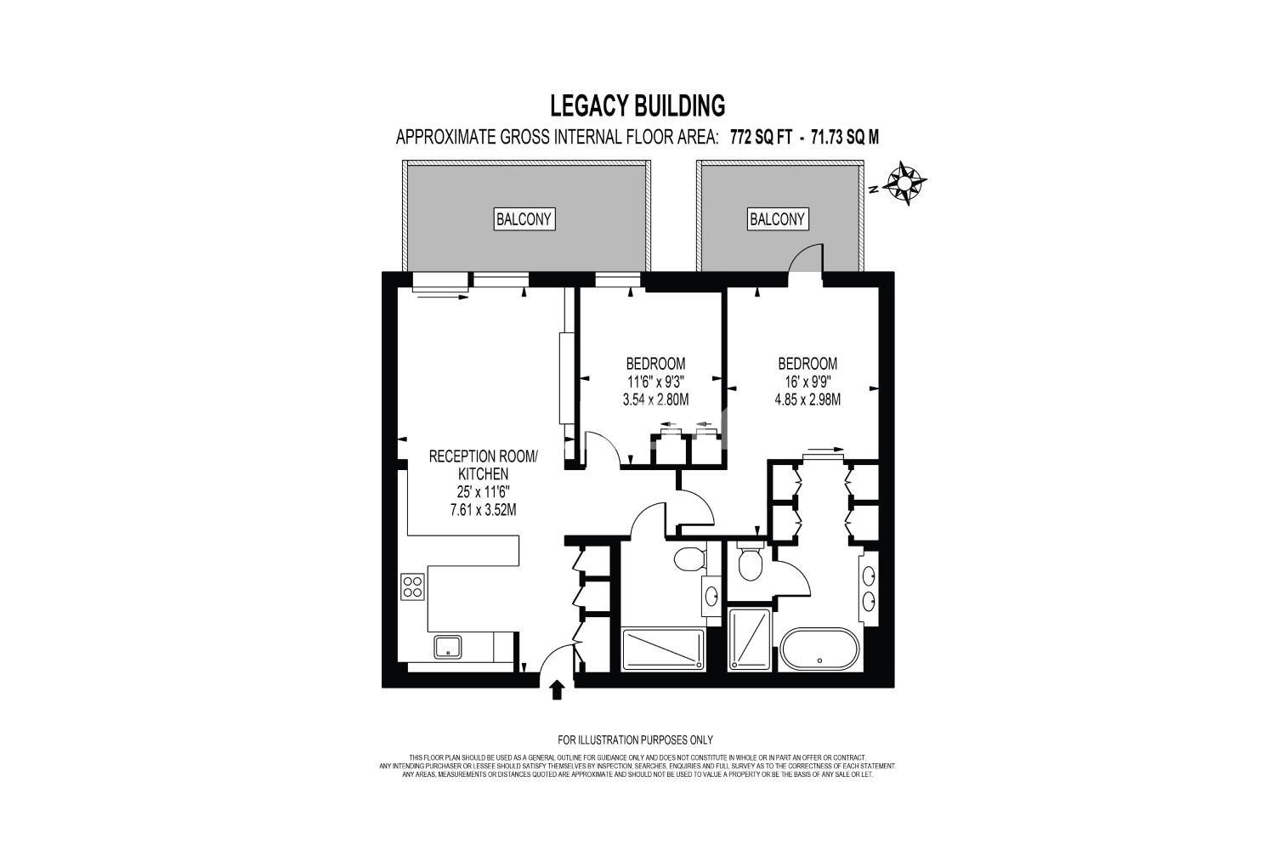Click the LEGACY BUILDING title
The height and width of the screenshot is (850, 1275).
[x=637, y=105]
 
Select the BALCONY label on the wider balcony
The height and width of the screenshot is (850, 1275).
[x=524, y=219]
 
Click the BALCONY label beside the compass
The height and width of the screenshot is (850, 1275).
[x=778, y=219]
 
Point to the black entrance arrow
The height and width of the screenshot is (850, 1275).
[x=558, y=690]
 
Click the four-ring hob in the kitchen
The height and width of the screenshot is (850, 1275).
[x=412, y=587]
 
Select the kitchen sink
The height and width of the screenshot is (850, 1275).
[x=448, y=648]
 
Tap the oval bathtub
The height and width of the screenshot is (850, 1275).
[x=819, y=650]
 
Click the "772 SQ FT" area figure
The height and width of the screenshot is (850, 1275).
[x=761, y=137]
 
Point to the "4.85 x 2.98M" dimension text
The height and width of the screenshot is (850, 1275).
[x=807, y=399]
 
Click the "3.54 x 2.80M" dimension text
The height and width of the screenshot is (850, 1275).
[x=655, y=399]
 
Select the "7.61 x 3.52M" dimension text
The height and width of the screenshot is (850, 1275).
[x=484, y=510]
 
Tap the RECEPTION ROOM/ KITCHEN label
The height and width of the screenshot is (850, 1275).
[x=484, y=465]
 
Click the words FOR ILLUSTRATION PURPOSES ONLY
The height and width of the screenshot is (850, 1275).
[x=635, y=740]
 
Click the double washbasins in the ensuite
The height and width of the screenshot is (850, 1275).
[x=870, y=589]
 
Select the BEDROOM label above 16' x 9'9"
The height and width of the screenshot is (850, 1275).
[x=807, y=363]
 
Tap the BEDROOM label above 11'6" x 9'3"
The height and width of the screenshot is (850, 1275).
[x=655, y=363]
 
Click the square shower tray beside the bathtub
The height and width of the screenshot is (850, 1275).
[x=750, y=639]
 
